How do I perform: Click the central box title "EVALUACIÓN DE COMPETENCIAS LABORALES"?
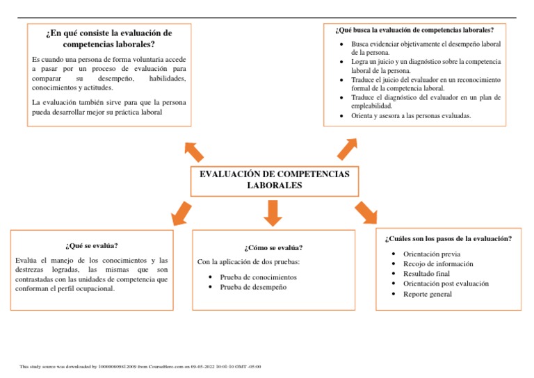(274, 179)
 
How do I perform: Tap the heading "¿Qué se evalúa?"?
(92, 245)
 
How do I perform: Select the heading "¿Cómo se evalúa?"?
(273, 247)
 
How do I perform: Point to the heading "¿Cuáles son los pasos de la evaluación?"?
(448, 238)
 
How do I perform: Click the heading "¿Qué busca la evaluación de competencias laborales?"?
(414, 30)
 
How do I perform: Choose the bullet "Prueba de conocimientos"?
(258, 277)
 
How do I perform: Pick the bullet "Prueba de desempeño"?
(253, 286)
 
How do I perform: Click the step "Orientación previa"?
(431, 254)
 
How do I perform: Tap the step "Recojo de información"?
(438, 264)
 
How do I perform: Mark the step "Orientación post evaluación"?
(446, 283)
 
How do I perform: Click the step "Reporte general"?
(427, 294)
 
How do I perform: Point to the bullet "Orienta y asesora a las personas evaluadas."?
(411, 116)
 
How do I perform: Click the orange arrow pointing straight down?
(273, 213)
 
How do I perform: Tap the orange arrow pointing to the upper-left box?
(194, 150)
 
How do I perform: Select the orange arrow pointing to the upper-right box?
(347, 148)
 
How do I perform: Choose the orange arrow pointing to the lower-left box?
(181, 213)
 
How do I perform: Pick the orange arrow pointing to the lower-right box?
(366, 213)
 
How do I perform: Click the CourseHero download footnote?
(140, 366)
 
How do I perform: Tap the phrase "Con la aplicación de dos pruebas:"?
(248, 262)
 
